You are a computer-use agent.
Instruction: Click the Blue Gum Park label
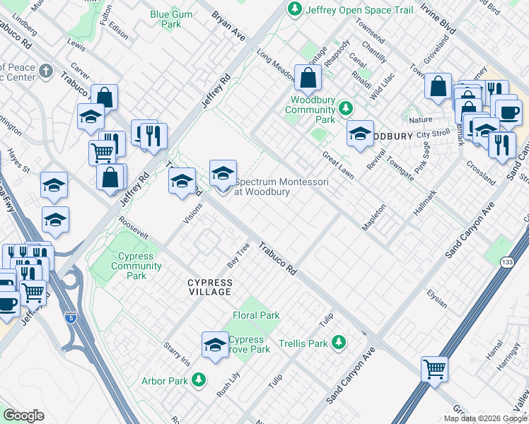[x=166, y=18]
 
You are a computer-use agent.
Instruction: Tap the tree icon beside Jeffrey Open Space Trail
[x=293, y=9]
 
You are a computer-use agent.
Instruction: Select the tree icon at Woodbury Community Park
[x=346, y=108]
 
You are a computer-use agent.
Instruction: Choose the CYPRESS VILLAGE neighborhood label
[x=209, y=287]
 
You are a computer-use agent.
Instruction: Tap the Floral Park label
[x=256, y=315]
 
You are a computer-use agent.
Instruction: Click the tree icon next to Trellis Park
[x=339, y=343]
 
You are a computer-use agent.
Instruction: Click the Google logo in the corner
[x=23, y=416]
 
